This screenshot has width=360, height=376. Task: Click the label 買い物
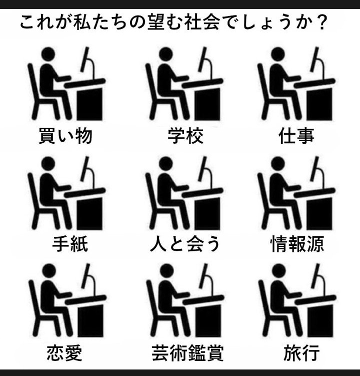[65, 136]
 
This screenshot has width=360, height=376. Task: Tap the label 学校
[185, 136]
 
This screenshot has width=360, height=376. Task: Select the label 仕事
[296, 136]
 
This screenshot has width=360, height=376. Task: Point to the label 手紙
[70, 244]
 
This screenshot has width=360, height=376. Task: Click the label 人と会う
[184, 244]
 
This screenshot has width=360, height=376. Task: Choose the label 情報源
[297, 244]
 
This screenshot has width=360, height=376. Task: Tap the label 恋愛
[64, 353]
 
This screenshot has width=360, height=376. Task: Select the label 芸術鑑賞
[188, 353]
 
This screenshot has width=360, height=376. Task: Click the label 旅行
[301, 353]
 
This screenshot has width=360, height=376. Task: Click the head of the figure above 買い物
[48, 54]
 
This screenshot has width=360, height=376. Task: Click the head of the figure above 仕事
[278, 54]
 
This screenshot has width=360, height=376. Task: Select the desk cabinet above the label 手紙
[89, 213]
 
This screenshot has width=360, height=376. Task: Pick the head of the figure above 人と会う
[166, 164]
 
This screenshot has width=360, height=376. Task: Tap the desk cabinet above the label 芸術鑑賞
[208, 321]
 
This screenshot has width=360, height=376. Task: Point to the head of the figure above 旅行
[279, 271]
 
